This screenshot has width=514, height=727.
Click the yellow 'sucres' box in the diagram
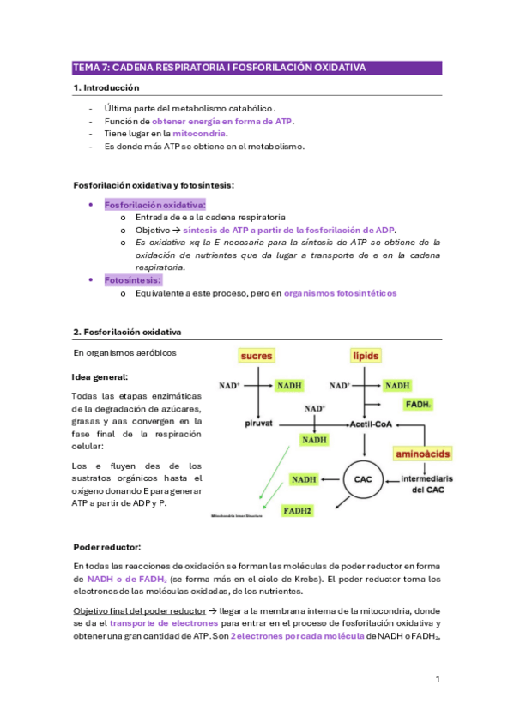[257, 355]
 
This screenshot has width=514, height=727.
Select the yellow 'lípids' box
[366, 355]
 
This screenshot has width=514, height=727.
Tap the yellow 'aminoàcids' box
[422, 453]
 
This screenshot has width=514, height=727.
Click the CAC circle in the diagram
[364, 479]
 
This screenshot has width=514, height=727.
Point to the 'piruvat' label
[258, 424]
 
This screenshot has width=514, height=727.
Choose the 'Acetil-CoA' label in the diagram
[370, 424]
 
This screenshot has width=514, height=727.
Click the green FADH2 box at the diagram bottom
[300, 510]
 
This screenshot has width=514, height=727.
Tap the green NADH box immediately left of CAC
[303, 479]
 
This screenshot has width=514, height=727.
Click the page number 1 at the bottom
[437, 679]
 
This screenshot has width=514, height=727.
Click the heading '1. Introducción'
[106, 87]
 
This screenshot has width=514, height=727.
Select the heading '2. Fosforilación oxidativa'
[127, 332]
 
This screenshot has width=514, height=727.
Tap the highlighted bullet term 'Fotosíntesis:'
[133, 279]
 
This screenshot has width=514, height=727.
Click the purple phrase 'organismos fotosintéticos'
[340, 293]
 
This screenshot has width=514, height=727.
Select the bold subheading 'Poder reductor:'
[108, 546]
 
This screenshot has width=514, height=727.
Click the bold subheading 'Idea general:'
[101, 376]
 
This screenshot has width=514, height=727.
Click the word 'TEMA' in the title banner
[87, 67]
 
